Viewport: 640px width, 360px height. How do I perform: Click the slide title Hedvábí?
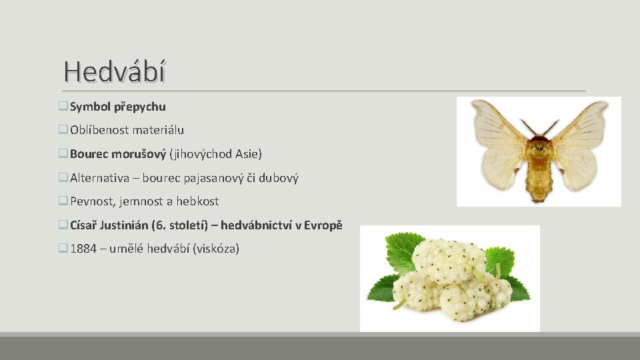point(114,71)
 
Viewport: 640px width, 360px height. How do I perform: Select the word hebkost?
point(197,201)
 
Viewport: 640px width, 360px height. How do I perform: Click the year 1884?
point(83,249)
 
